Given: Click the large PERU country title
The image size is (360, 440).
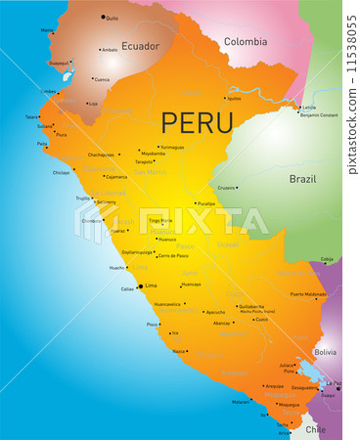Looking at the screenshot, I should pyautogui.click(x=197, y=122).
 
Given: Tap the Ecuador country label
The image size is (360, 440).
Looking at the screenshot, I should pyautogui.click(x=139, y=45).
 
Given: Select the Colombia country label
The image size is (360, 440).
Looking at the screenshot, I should pyautogui.click(x=245, y=41).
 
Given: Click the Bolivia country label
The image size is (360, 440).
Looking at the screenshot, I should pyautogui.click(x=324, y=351).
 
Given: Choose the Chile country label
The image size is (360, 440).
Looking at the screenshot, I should pyautogui.click(x=314, y=428).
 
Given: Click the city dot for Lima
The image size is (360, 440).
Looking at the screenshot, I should pyautogui.click(x=140, y=286).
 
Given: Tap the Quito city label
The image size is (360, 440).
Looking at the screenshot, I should pyautogui.click(x=112, y=18).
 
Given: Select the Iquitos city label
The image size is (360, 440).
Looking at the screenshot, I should pyautogui.click(x=233, y=99).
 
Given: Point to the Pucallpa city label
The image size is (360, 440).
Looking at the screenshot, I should pyautogui.click(x=205, y=203).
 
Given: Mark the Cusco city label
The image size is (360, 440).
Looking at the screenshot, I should pyautogui.click(x=261, y=319).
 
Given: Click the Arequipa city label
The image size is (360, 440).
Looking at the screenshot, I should pyautogui.click(x=274, y=386).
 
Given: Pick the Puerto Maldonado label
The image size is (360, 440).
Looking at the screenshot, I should pyautogui.click(x=308, y=293).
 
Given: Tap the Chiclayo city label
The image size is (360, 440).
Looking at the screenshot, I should pyautogui.click(x=61, y=172).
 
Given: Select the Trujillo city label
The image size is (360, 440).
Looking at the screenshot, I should pyautogui.click(x=82, y=198).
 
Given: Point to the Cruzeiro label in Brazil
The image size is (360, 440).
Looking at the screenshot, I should pyautogui.click(x=226, y=187).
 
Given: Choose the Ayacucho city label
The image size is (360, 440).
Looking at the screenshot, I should pyautogui.click(x=215, y=312).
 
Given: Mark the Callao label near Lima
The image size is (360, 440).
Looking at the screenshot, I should pyautogui.click(x=127, y=289).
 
